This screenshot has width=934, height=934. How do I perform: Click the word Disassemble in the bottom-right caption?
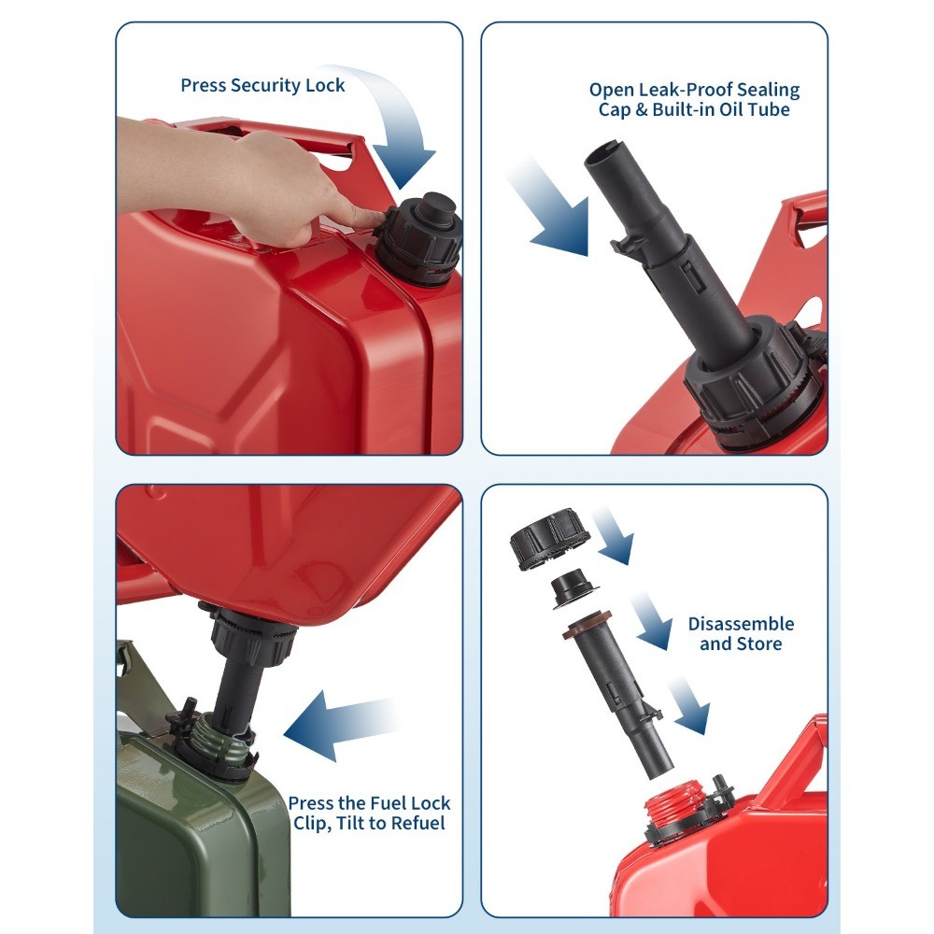click(741, 624)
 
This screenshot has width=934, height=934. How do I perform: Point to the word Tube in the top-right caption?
click(769, 109)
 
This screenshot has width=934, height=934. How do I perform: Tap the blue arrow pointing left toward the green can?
click(340, 724)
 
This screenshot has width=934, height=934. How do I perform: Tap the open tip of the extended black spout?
click(604, 149)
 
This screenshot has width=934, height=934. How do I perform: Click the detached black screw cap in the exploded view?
click(549, 539)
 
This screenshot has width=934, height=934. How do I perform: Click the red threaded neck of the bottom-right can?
click(675, 805)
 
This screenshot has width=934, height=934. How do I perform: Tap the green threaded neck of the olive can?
click(219, 739)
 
